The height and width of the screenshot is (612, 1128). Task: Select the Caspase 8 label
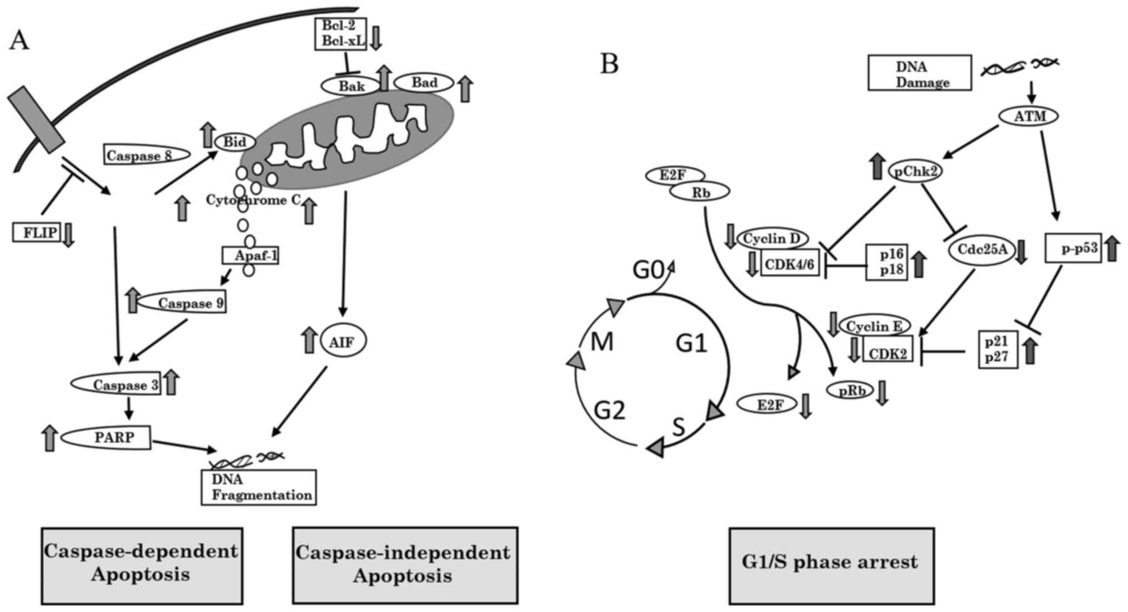(147, 155)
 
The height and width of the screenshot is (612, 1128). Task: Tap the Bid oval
(235, 142)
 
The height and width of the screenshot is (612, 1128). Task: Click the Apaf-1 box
(250, 255)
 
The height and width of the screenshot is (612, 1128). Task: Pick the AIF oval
(343, 341)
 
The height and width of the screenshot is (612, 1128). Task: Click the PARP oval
(106, 438)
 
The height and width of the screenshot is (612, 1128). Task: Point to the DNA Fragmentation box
(259, 487)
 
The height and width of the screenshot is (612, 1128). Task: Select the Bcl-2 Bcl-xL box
(340, 33)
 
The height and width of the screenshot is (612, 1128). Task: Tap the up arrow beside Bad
(465, 89)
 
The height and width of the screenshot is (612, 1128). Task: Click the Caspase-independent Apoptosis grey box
(405, 565)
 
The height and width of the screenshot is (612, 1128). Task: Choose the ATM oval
(1029, 116)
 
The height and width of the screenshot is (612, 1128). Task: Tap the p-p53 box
(1073, 248)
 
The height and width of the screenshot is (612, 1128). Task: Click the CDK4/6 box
(789, 264)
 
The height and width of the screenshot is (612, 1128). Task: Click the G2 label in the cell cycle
(609, 410)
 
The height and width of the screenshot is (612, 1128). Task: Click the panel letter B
(609, 64)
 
